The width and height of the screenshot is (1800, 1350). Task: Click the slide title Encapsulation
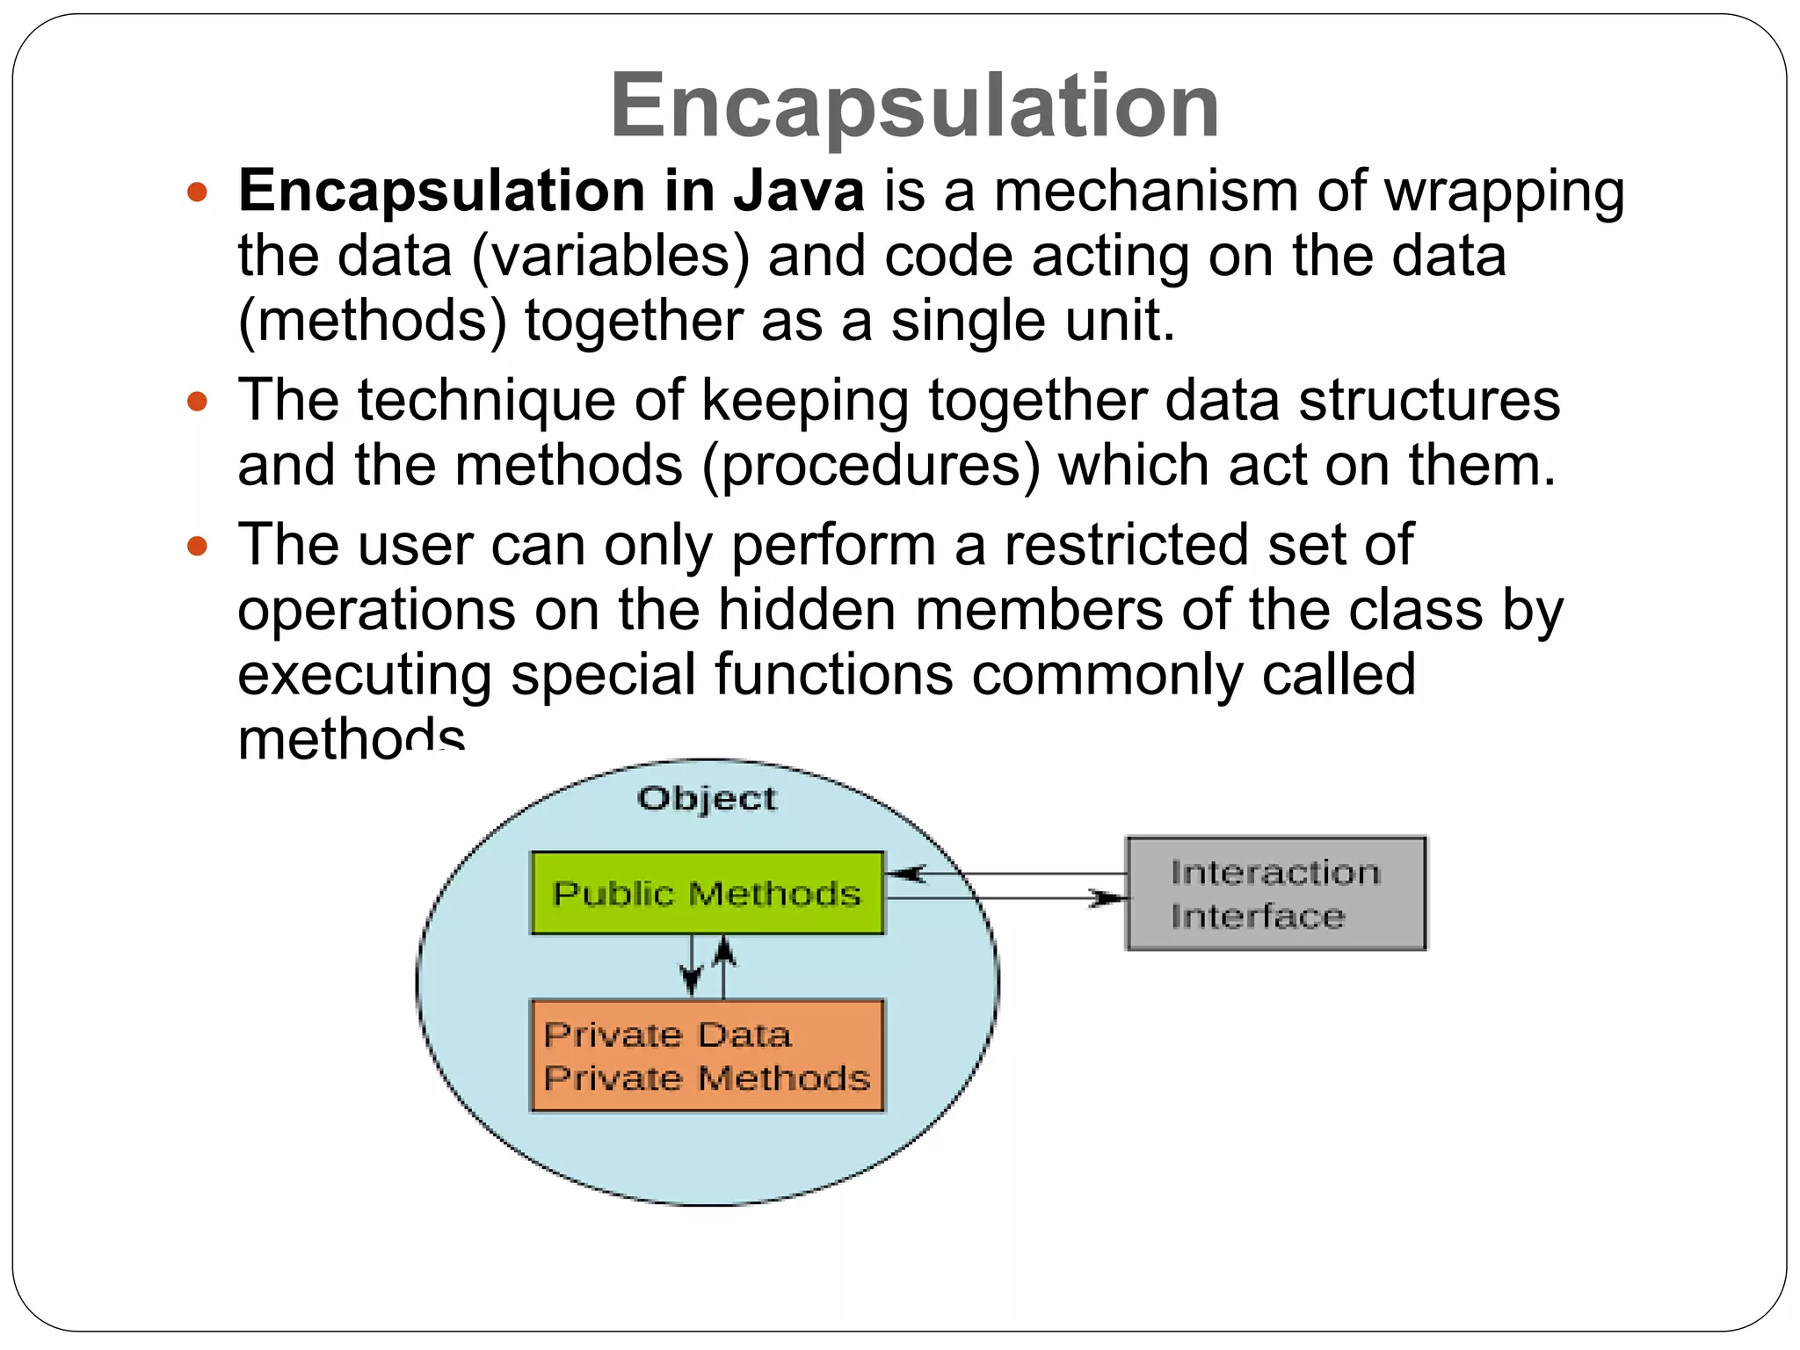click(914, 105)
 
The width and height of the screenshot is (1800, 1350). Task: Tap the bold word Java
click(799, 191)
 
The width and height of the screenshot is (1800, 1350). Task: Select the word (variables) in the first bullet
click(611, 256)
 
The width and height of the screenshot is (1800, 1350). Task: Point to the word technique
click(486, 402)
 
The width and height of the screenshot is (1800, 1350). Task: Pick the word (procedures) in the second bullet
click(871, 466)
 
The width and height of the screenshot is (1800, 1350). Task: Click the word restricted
click(1126, 545)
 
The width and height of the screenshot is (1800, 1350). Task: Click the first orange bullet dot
click(198, 192)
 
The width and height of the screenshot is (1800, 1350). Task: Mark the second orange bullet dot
click(198, 402)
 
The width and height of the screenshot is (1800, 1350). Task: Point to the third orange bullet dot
click(198, 546)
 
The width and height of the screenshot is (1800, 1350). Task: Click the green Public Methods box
click(707, 893)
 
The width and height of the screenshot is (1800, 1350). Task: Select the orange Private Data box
click(707, 1056)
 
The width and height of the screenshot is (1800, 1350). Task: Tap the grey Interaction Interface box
click(1275, 893)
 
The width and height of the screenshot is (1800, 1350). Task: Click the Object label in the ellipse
click(707, 798)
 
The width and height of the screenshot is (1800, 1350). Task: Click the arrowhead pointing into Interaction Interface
click(1110, 898)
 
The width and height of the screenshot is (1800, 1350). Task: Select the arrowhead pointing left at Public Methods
click(905, 874)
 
